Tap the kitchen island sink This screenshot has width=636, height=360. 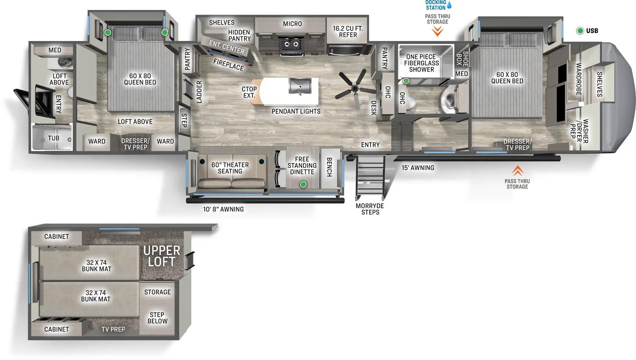coord(299,86)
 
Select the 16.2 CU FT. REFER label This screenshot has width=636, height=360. coord(348,31)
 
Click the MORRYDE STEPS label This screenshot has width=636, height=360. coord(370,209)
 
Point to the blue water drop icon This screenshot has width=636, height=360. coord(449,5)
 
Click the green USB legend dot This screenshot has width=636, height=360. coord(580,31)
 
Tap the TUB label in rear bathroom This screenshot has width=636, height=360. coord(54,138)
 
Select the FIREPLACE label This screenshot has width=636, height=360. coord(228,64)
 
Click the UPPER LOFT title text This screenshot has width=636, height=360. coord(161,256)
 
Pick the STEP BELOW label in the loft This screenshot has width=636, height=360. coord(157,318)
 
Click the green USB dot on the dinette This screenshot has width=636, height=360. coord(303,184)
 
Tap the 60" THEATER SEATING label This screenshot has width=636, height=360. coord(230,168)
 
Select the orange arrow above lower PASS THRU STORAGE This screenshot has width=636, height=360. coord(517,171)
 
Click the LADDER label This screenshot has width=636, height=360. coord(199,92)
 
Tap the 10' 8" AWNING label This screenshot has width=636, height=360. coord(223,209)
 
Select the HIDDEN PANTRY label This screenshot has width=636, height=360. coord(239,35)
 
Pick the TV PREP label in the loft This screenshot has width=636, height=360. coord(113,329)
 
